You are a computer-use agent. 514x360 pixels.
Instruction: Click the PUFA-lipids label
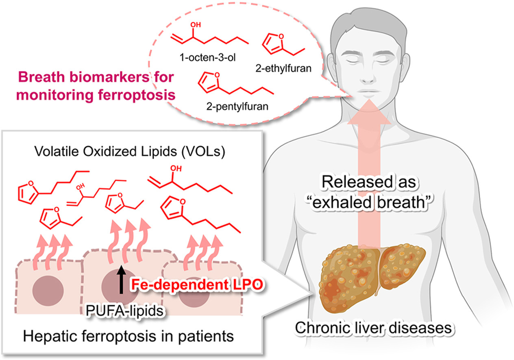coord(116,311)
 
